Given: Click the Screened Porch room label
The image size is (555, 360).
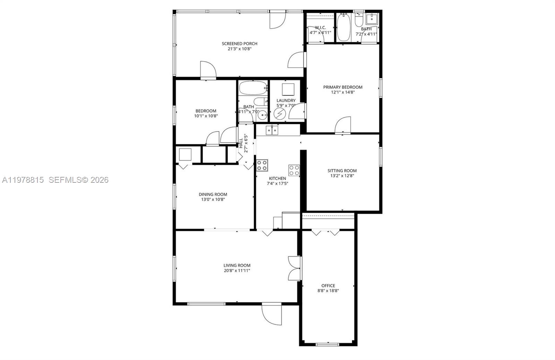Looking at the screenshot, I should pos(239,44).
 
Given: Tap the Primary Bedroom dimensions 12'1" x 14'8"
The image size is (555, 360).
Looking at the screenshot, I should pos(343,92).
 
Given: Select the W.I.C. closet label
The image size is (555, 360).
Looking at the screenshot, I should pos(320,27).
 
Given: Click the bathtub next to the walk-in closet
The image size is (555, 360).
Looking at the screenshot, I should pos(343,27).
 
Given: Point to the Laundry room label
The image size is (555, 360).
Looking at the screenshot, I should pos(286,101).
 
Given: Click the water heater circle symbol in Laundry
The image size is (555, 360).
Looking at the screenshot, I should pos(279,113).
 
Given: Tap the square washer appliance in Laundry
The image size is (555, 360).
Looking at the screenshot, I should pos(288,89).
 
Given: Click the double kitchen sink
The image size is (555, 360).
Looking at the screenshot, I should pos(272,130).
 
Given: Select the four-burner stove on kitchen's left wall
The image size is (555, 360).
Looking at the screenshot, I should pos(262,165).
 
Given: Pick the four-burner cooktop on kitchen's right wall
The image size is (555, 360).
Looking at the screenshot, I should pos(294,170).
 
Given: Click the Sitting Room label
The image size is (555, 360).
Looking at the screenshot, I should pos(342,171).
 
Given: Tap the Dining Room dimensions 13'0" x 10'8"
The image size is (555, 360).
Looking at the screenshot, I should pos(213,199).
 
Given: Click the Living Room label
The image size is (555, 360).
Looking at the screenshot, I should pos(237,265).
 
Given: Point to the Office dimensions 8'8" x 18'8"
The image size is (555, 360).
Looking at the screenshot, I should pos(328,291).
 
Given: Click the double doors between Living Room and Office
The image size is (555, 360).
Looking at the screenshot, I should pos(294,268).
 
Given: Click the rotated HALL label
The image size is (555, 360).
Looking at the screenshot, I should pos(241,143).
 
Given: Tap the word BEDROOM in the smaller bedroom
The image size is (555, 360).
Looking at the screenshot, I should pos(206,111).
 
